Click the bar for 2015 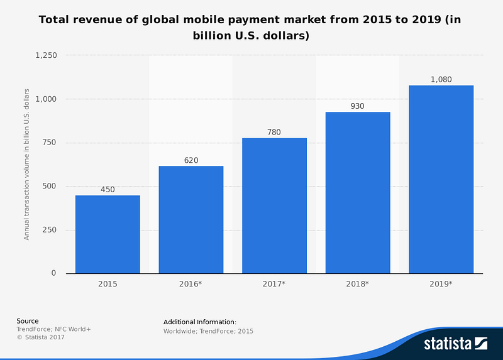tap(108, 234)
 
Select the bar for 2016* tap(191, 220)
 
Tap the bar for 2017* tap(274, 205)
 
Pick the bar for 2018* tap(358, 193)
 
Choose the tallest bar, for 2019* tap(441, 179)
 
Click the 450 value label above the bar tap(108, 190)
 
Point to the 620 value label tap(191, 160)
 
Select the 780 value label tap(274, 133)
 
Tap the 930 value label tap(358, 106)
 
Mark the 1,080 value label tap(441, 80)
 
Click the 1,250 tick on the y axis tap(46, 55)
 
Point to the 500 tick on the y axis tap(49, 186)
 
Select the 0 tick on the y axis tap(54, 273)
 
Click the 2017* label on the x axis tap(274, 284)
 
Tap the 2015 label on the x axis tap(108, 284)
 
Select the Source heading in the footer tap(28, 321)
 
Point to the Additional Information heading tap(200, 322)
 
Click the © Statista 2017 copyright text tap(40, 337)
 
